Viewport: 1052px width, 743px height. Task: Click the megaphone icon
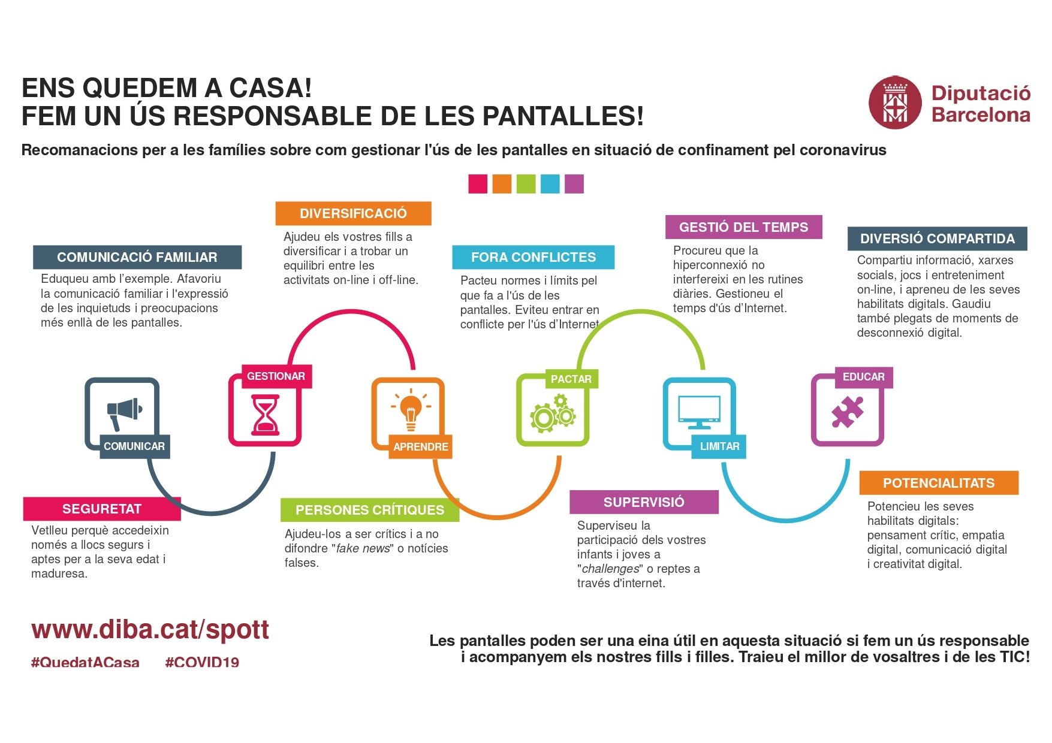[x=123, y=412]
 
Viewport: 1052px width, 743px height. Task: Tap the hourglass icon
[x=264, y=414]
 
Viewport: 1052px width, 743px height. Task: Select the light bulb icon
[x=411, y=410]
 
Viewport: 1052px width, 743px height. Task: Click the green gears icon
[x=552, y=413]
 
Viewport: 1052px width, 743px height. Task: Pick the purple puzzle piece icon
[x=847, y=412]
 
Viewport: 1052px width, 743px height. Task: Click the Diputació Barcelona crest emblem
[x=894, y=102]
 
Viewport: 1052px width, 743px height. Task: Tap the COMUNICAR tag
[x=134, y=446]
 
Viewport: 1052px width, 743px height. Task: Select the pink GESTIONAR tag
[x=276, y=376]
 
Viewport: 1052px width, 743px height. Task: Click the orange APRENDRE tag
[x=420, y=447]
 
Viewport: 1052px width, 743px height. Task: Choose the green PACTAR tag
[x=571, y=379]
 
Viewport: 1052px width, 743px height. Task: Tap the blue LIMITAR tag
[x=719, y=446]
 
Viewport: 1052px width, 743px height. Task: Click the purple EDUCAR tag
[x=863, y=377]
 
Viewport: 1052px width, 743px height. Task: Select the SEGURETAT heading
[x=102, y=509]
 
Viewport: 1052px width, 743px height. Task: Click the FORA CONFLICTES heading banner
[x=533, y=257]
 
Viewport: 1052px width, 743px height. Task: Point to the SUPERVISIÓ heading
[x=644, y=502]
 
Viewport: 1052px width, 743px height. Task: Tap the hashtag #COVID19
[x=202, y=663]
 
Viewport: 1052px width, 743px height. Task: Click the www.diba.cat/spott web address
[x=150, y=630]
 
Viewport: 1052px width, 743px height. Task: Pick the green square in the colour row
[x=526, y=184]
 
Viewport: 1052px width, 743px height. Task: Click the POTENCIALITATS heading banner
[x=938, y=483]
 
